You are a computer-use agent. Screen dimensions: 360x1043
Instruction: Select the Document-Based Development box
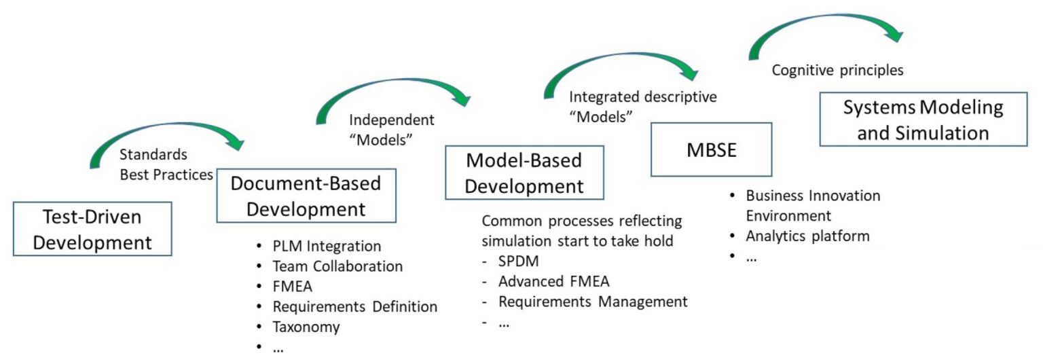coord(306,196)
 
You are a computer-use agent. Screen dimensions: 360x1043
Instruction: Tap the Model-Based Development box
coord(524,173)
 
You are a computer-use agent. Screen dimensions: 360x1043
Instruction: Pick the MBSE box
coord(711,149)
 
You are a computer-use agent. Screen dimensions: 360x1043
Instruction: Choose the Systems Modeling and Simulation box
coord(923,120)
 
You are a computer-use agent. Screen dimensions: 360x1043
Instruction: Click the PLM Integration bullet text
coord(327,246)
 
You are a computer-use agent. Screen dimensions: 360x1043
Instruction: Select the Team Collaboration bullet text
coord(337,266)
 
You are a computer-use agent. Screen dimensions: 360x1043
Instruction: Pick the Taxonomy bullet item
coord(306,327)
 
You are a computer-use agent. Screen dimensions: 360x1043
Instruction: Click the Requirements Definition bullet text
coord(355,306)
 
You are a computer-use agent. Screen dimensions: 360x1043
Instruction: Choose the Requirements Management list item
coord(593,302)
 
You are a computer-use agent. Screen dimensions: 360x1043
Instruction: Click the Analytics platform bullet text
coord(807,236)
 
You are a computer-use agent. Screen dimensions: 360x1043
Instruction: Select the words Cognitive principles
coord(838,70)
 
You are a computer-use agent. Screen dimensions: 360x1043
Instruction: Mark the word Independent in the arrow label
coord(391,120)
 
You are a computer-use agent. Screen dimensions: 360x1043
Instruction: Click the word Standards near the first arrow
coord(153,155)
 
